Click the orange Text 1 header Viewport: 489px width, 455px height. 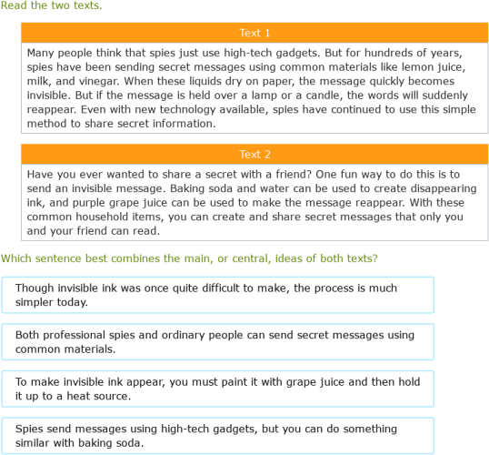(x=254, y=33)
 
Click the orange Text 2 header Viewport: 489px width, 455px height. (x=254, y=154)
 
